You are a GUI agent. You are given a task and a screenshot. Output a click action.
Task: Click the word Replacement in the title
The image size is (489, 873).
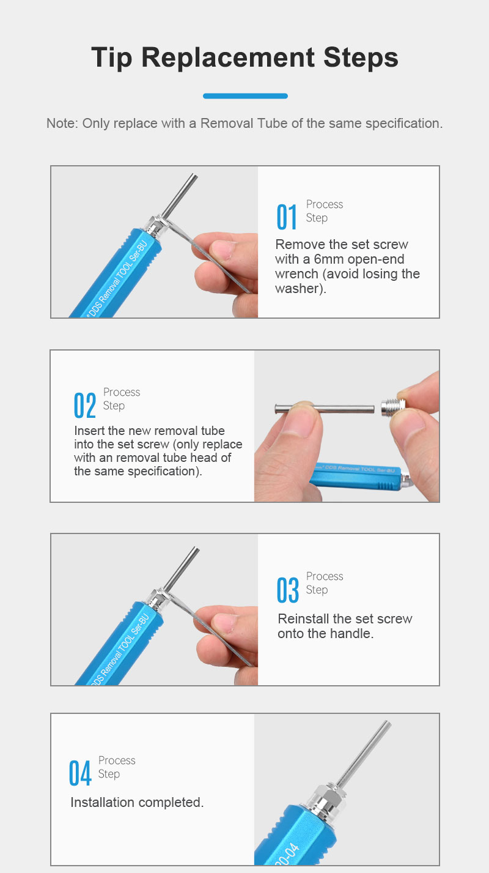[x=228, y=58]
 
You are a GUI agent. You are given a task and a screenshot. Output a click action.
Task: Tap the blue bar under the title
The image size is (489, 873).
[x=245, y=96]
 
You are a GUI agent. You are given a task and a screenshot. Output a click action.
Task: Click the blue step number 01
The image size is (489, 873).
[x=287, y=217]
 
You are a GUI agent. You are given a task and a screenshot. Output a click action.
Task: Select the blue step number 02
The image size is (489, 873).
[x=85, y=406]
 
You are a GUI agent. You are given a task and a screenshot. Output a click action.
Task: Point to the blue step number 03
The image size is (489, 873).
[x=288, y=590]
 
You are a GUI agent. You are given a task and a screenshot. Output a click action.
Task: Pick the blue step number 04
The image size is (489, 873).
[x=80, y=773]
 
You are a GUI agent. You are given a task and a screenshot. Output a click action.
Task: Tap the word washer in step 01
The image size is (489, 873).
[x=297, y=289]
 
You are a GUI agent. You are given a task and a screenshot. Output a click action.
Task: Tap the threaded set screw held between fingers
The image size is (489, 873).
[x=392, y=408]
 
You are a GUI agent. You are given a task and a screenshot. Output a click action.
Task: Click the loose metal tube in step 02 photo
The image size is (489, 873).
[x=325, y=409]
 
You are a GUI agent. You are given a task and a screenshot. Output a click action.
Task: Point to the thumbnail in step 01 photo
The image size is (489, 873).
[x=221, y=250]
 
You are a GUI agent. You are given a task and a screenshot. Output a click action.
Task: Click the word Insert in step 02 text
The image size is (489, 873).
[x=89, y=431]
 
